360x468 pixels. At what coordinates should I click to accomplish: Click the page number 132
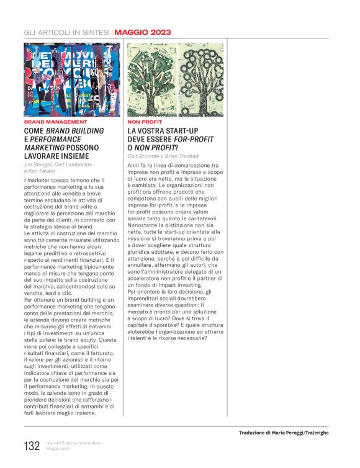[x=31, y=446]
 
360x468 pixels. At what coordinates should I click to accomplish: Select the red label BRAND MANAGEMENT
[x=52, y=122]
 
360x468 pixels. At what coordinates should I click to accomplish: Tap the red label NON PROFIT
[x=145, y=122]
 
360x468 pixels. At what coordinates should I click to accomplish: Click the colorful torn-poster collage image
[x=71, y=79]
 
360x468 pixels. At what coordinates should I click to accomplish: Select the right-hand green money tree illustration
[x=201, y=79]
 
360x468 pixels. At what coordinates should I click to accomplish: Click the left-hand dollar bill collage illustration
[x=151, y=79]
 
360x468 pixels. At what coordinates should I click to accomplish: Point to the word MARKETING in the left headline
[x=45, y=149]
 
